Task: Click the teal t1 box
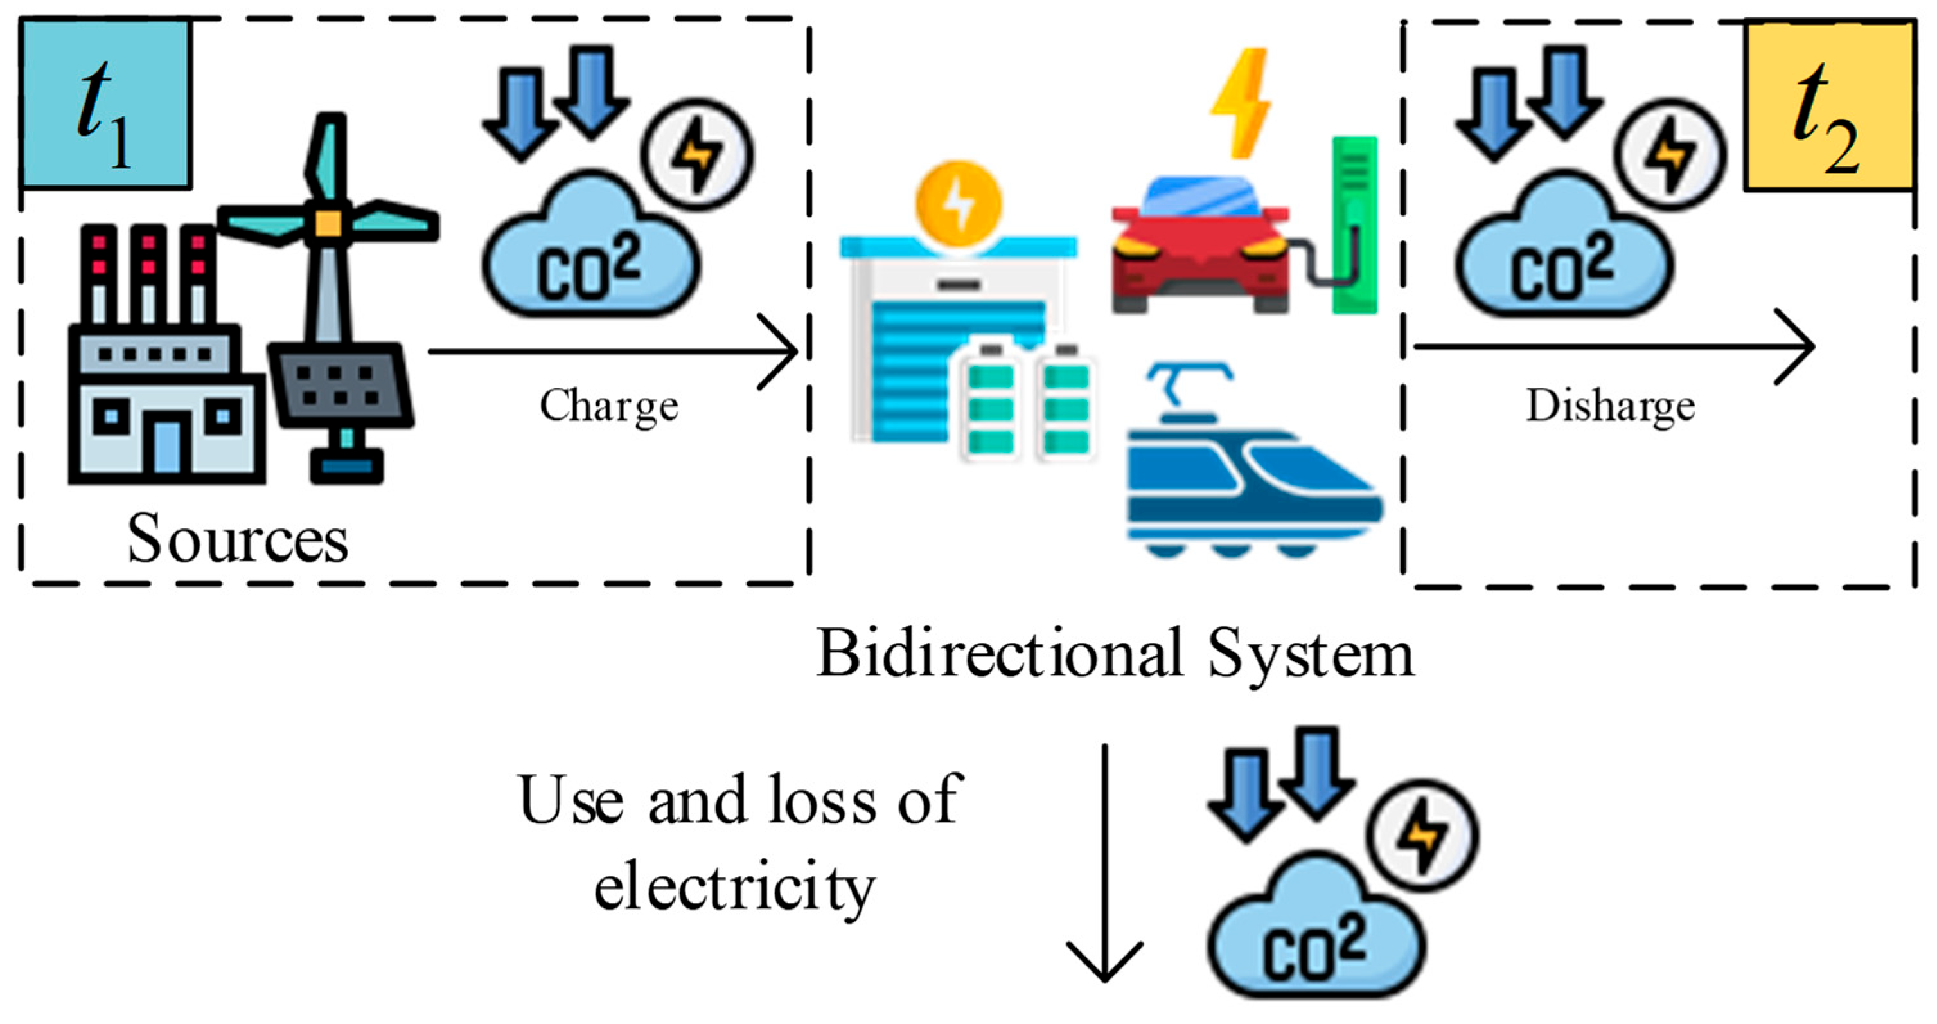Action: pyautogui.click(x=105, y=104)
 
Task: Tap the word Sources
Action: pyautogui.click(x=238, y=539)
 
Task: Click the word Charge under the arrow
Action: pyautogui.click(x=609, y=406)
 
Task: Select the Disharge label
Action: pyautogui.click(x=1610, y=406)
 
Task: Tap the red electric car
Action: pyautogui.click(x=1200, y=248)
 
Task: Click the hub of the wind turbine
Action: pyautogui.click(x=328, y=222)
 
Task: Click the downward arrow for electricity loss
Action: pyautogui.click(x=1104, y=865)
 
